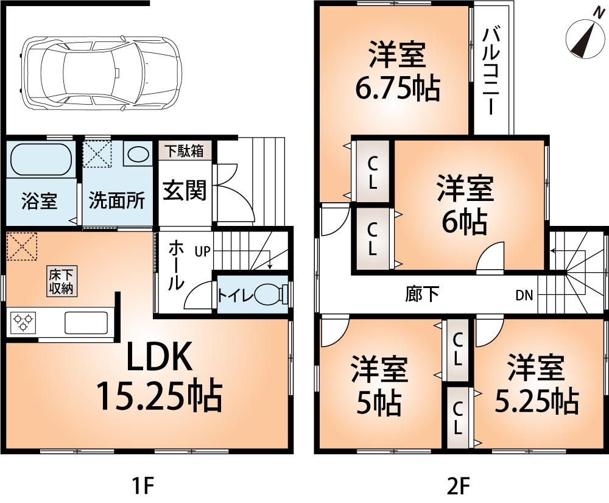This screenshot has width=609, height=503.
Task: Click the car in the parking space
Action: click(101, 71)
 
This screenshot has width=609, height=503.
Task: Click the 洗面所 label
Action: click(117, 201)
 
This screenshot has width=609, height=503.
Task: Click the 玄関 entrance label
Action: click(184, 190)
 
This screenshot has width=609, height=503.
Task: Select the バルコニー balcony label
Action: click(491, 71)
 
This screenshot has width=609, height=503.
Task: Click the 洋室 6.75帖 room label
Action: click(396, 73)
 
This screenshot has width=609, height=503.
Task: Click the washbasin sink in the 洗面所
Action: click(138, 154)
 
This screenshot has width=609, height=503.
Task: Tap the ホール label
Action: click(175, 265)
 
